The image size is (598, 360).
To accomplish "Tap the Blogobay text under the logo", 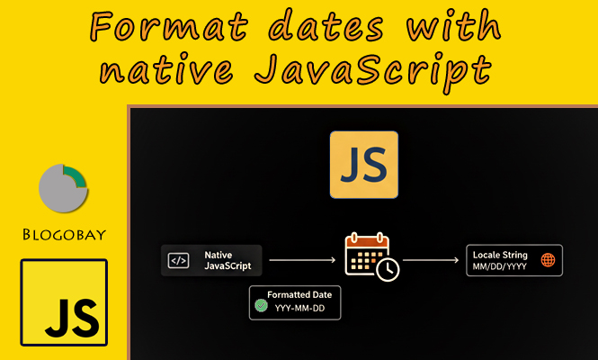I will pyautogui.click(x=64, y=236).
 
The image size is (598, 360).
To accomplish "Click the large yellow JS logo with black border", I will pyautogui.click(x=64, y=303).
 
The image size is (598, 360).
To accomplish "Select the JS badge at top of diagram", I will pyautogui.click(x=363, y=164).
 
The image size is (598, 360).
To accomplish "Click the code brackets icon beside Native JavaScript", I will pyautogui.click(x=179, y=260).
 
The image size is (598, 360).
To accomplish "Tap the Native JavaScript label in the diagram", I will pyautogui.click(x=224, y=260).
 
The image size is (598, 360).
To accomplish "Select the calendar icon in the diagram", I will pyautogui.click(x=367, y=255).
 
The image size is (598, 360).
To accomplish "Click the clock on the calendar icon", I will pyautogui.click(x=388, y=269).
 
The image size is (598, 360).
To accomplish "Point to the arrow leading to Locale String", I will pyautogui.click(x=432, y=260).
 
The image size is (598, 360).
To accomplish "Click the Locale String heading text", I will pyautogui.click(x=500, y=255).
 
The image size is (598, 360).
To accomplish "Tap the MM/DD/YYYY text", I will pyautogui.click(x=500, y=267).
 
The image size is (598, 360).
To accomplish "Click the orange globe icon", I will pyautogui.click(x=548, y=261).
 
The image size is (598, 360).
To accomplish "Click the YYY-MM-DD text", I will pyautogui.click(x=301, y=310).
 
